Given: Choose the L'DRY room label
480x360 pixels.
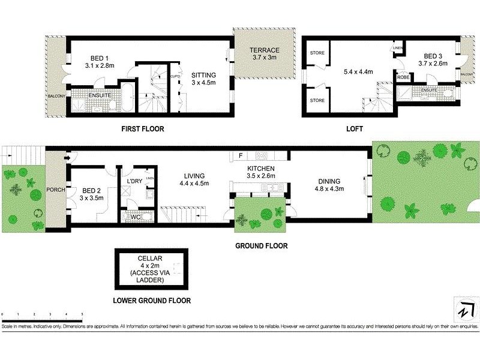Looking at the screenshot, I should click(133, 180).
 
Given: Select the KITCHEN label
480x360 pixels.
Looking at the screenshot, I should click(261, 169).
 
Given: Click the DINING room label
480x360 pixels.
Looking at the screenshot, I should click(329, 181).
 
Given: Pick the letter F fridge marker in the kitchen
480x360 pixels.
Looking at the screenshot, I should click(240, 156).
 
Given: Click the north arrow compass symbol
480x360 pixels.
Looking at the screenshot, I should click(463, 310).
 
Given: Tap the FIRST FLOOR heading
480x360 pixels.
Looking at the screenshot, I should click(143, 129).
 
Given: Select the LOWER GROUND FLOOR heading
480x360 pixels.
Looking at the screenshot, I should click(152, 301).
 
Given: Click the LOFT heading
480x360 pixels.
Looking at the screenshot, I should click(354, 129).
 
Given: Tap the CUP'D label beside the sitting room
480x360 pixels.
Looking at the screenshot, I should click(176, 76).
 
